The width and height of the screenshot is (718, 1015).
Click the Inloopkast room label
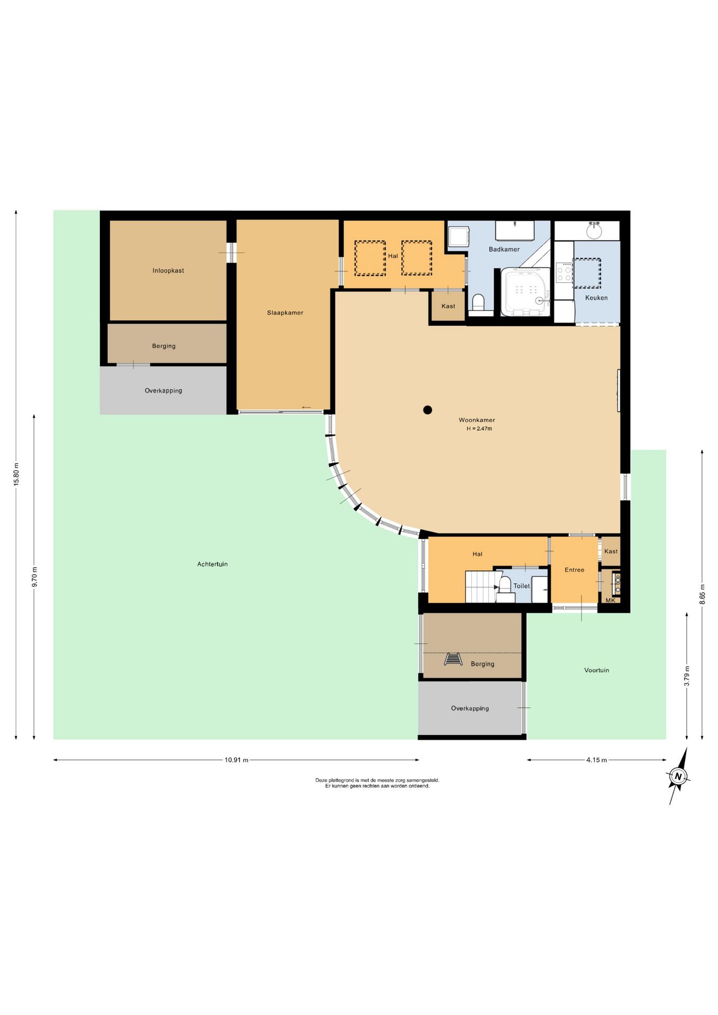tap(168, 271)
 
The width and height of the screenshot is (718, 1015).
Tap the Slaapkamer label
tap(285, 313)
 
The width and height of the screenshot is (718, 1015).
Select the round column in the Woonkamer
tap(428, 410)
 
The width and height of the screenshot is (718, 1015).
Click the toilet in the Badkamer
tap(478, 303)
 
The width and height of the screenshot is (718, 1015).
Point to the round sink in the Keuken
tap(594, 230)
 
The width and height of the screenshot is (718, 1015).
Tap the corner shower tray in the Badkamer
tap(526, 292)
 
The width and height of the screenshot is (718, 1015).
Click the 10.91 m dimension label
tap(236, 760)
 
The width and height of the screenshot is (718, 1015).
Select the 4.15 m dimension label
tap(596, 760)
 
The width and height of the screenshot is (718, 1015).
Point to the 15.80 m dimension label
tap(16, 474)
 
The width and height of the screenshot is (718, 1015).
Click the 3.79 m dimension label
tap(687, 676)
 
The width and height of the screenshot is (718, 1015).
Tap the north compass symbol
tap(678, 776)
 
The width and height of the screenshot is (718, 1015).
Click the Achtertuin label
tap(213, 564)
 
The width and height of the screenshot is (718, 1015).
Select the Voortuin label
tap(596, 670)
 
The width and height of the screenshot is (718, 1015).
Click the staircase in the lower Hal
tap(481, 587)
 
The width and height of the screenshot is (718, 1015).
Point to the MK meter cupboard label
tap(611, 601)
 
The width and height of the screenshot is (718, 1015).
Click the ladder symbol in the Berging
tap(453, 659)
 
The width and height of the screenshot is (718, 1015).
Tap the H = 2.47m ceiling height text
tap(479, 429)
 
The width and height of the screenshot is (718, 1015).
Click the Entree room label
tap(574, 570)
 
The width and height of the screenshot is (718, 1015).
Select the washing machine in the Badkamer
tap(459, 237)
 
